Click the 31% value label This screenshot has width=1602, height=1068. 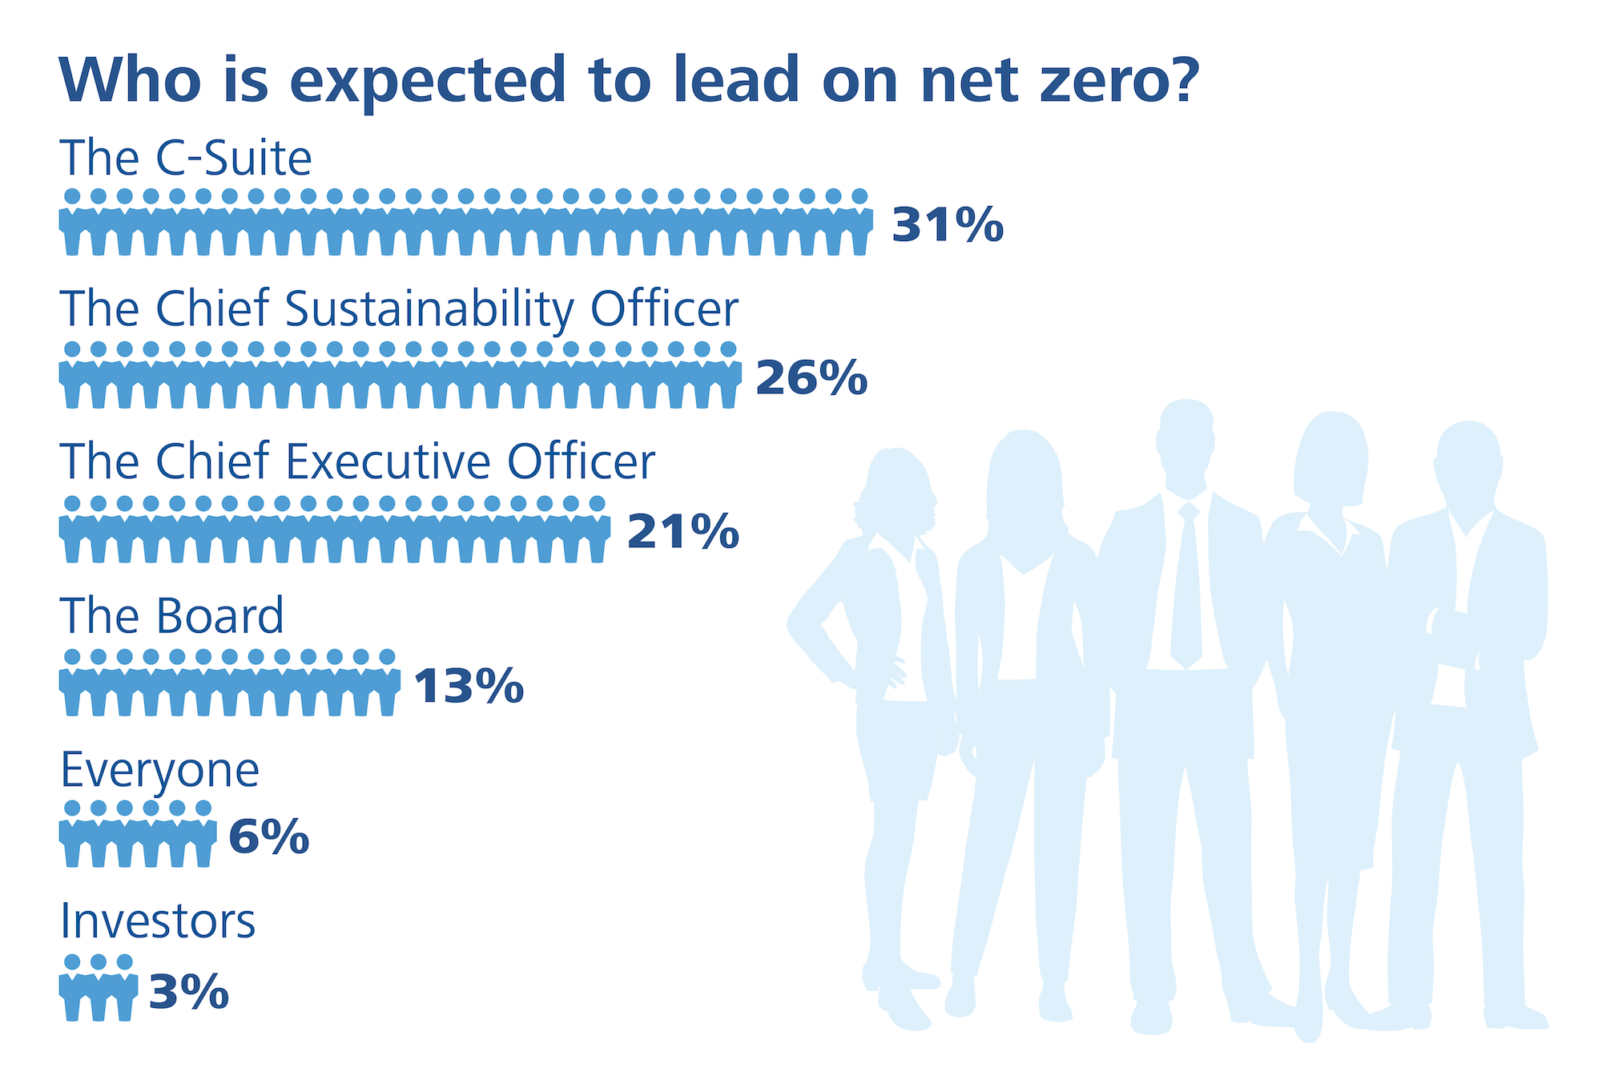pos(948,225)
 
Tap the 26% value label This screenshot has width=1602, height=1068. pos(811,378)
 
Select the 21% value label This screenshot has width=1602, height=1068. pos(682,532)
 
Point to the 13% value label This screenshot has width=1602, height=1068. pos(469,687)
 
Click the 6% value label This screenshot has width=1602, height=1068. pos(269,837)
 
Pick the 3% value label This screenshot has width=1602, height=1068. pos(189,992)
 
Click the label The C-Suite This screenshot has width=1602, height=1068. pos(186,158)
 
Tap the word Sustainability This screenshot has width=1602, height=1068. pos(429,309)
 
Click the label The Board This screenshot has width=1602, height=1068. pos(172,615)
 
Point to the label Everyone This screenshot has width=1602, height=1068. pos(160,771)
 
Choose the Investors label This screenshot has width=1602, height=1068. pos(158,922)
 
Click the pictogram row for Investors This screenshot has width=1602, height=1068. pos(98,987)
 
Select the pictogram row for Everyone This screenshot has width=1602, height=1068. pos(138,833)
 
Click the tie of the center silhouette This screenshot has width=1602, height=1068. pos(1187,585)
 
